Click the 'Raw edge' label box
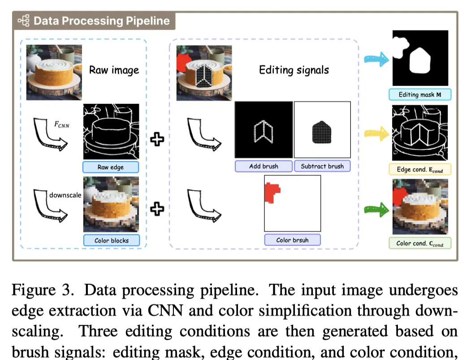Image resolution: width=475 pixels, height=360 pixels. (110, 167)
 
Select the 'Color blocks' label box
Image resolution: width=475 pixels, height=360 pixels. (111, 240)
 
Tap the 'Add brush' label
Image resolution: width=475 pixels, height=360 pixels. (263, 166)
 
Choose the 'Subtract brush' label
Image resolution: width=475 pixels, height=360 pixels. (322, 166)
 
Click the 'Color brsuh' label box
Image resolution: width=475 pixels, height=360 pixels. (292, 240)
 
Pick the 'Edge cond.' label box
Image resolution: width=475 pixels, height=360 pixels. (419, 170)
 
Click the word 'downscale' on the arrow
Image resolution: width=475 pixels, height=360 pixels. (65, 195)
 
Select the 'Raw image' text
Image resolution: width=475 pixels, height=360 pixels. (114, 70)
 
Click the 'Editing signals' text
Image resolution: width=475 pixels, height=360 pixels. (294, 70)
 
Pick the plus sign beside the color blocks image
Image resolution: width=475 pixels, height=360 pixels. (157, 209)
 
